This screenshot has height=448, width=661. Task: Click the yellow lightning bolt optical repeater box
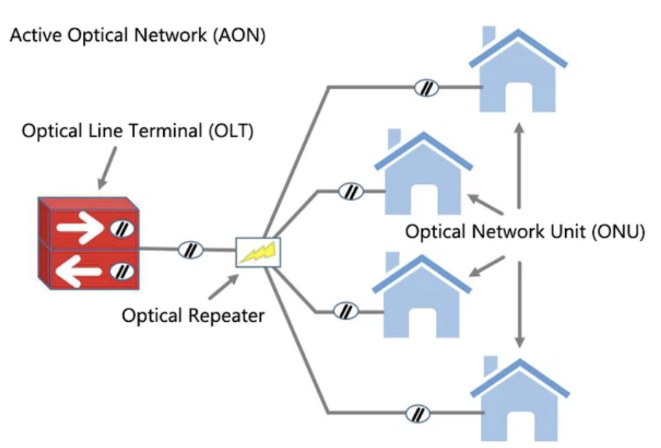[258, 252]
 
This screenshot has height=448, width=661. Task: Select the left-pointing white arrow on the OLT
[80, 271]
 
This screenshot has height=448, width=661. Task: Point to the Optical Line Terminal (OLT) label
[138, 131]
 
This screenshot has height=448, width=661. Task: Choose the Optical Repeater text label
[194, 316]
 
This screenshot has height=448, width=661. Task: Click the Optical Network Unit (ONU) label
[525, 232]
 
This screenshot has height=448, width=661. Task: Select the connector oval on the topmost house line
[427, 87]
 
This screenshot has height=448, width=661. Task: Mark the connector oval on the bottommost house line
[418, 412]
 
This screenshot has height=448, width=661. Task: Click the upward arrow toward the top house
[519, 162]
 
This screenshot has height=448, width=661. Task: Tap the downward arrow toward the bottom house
[519, 304]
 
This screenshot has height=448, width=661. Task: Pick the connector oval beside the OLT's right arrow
[121, 228]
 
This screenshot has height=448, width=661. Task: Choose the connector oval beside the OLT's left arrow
[121, 271]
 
